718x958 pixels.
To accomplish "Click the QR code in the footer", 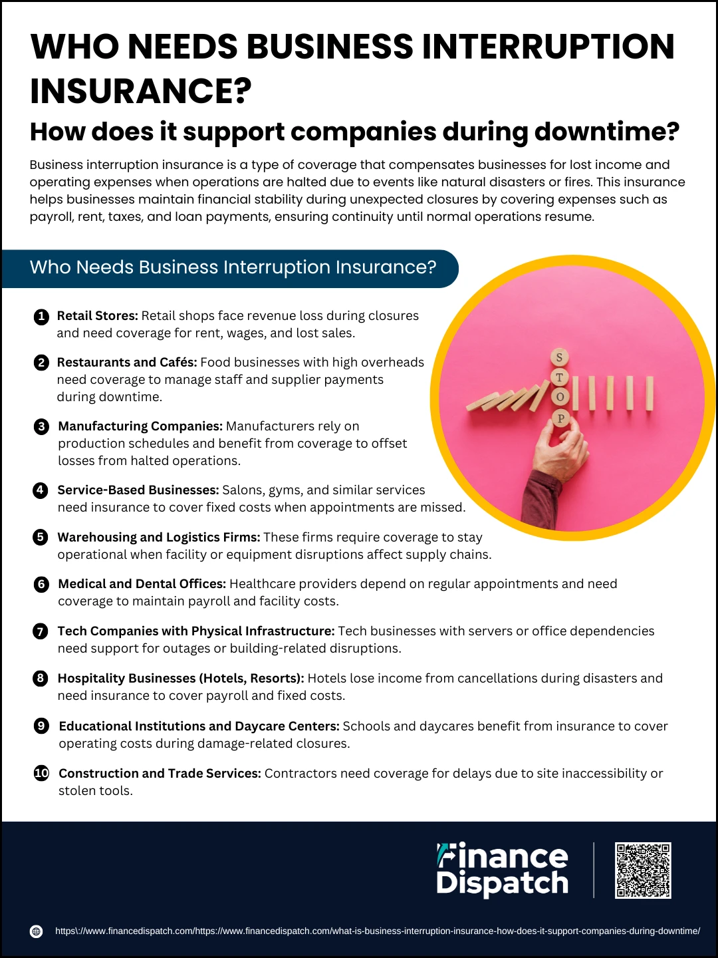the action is click(643, 870).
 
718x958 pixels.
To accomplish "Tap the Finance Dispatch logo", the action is click(502, 870).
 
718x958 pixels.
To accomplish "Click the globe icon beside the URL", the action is click(36, 931).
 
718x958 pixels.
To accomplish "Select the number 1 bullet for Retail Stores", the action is click(41, 316).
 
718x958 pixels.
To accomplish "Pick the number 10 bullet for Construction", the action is click(41, 774).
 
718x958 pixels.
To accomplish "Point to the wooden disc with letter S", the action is click(559, 357).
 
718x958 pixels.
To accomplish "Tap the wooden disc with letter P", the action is click(560, 418).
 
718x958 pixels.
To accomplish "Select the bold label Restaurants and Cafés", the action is click(127, 363).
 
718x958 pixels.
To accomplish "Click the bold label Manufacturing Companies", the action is click(140, 426).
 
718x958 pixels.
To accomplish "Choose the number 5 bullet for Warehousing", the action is click(41, 538).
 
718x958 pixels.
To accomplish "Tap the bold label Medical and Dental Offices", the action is click(142, 584).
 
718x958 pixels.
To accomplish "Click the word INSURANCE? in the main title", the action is click(141, 90).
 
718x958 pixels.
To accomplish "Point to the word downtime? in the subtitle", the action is click(607, 132).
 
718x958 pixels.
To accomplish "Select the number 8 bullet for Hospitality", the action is click(41, 678).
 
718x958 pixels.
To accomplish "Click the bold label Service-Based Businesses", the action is click(138, 490).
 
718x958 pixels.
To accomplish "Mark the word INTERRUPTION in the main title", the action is click(548, 47).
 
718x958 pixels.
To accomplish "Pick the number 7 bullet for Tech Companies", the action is click(41, 631).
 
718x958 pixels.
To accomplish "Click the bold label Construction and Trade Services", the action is click(160, 773).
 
